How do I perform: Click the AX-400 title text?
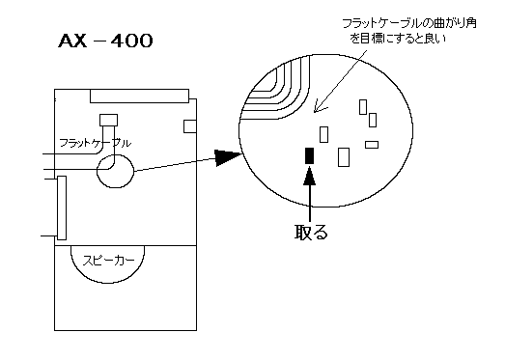pos(105,41)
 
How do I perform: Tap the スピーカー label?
pos(108,261)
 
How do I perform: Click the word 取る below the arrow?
pos(311,232)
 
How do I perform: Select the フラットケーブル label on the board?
pos(96,143)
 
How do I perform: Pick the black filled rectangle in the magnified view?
pos(310,155)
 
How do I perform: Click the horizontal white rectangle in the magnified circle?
pos(372,145)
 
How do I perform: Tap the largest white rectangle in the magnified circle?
pos(344,157)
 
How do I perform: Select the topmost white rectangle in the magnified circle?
pos(363,107)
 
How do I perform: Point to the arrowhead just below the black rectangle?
pos(310,177)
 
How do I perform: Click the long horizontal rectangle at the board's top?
pos(139,96)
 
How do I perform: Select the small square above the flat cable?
pos(108,120)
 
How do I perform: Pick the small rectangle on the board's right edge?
pos(190,126)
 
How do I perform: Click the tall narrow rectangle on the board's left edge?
pos(62,208)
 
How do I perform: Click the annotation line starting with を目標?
pos(398,39)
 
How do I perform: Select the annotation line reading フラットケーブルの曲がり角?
pos(409,23)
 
